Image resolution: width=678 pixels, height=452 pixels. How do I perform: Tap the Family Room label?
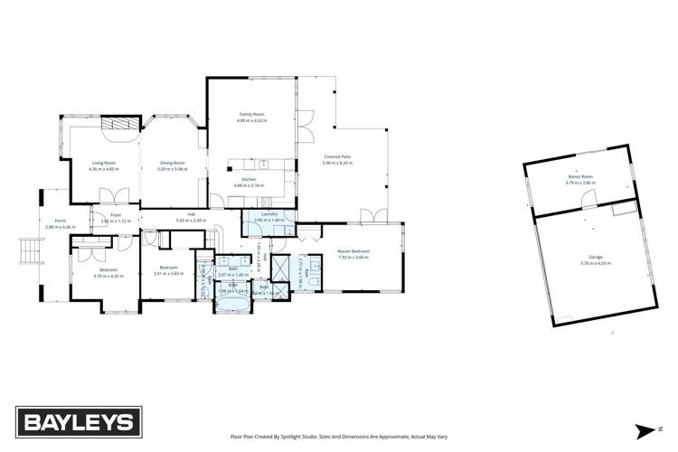click(251, 115)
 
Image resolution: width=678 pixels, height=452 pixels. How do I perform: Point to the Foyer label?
click(116, 215)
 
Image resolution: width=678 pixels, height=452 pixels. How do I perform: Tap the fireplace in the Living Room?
click(118, 125)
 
